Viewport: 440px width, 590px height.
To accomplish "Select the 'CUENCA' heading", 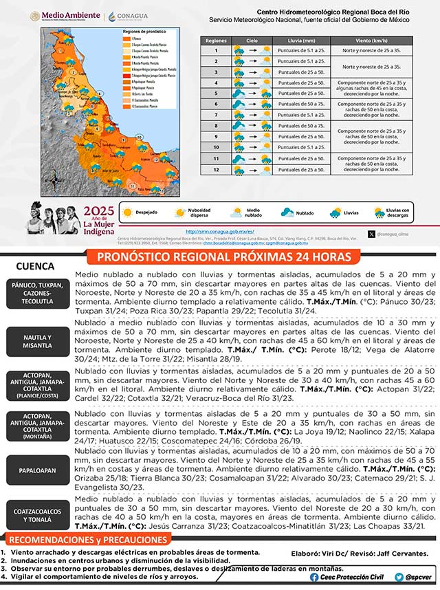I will point(36,265).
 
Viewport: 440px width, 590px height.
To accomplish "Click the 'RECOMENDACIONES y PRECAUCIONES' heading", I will point(88,539).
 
